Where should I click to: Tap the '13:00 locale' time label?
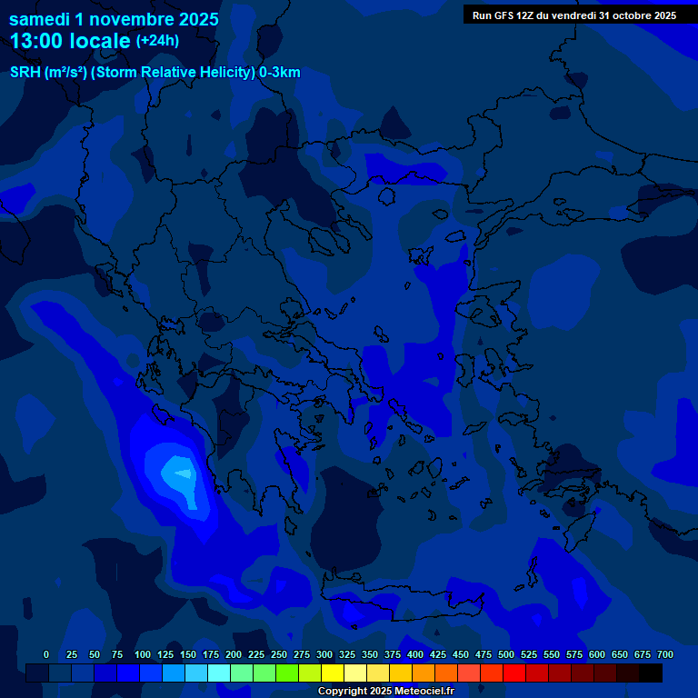[x=70, y=41]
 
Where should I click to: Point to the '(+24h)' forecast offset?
[x=157, y=41]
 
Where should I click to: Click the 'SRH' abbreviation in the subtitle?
[x=25, y=73]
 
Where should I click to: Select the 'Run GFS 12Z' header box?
[x=573, y=15]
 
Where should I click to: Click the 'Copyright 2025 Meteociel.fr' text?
[x=385, y=691]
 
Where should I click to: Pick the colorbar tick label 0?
[x=46, y=654]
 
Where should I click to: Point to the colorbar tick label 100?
[x=143, y=654]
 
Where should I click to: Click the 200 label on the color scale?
[x=234, y=654]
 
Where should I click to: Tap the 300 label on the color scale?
[x=324, y=654]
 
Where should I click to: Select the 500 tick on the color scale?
[x=506, y=654]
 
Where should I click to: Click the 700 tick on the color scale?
[x=665, y=654]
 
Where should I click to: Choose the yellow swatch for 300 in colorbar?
[x=333, y=673]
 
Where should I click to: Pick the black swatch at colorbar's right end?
[x=651, y=673]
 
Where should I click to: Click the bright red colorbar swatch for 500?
[x=514, y=673]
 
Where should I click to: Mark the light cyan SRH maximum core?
[x=183, y=474]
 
